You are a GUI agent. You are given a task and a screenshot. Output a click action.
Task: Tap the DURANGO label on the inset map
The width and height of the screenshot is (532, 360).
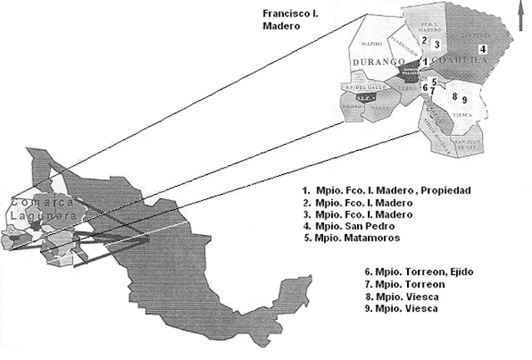(x=377, y=62)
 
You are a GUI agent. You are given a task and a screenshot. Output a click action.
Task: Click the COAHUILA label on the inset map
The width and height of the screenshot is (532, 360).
(x=456, y=62)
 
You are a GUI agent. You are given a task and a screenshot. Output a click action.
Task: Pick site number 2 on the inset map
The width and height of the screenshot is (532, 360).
(x=424, y=39)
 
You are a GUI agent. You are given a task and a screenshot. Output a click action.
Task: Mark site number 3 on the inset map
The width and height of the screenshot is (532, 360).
(x=436, y=44)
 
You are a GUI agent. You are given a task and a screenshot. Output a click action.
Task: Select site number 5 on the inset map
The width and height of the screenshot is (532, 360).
(x=435, y=81)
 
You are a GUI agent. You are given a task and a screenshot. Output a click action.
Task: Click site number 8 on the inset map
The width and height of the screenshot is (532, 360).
(x=454, y=97)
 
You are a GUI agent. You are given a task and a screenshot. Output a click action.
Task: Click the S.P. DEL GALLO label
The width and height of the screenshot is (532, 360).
(x=359, y=87)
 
